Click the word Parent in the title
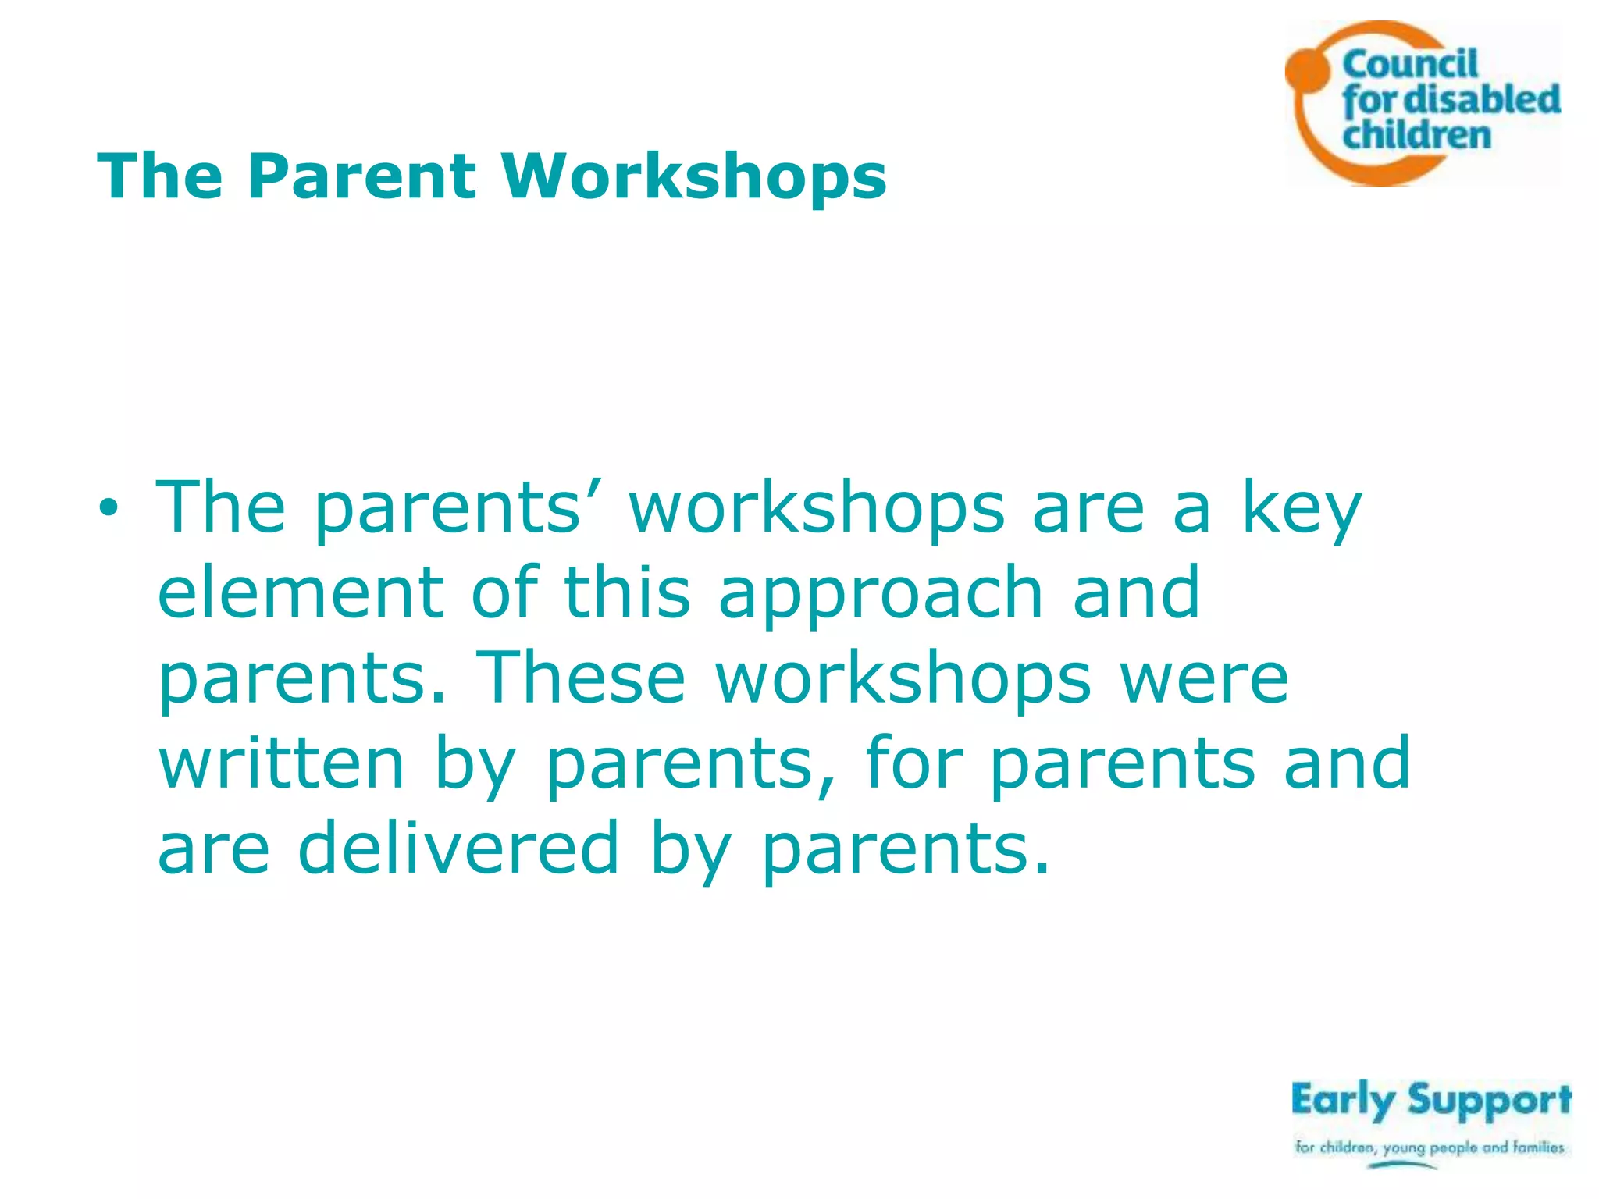pos(361,177)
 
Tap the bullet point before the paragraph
pos(109,509)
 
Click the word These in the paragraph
pos(580,678)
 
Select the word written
pos(282,763)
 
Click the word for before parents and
pos(913,763)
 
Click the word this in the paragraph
pos(627,593)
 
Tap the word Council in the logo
pos(1410,65)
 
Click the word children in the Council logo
pos(1416,134)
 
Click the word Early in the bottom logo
pos(1342,1101)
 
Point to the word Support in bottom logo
pos(1489,1101)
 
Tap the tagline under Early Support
pos(1430,1147)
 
